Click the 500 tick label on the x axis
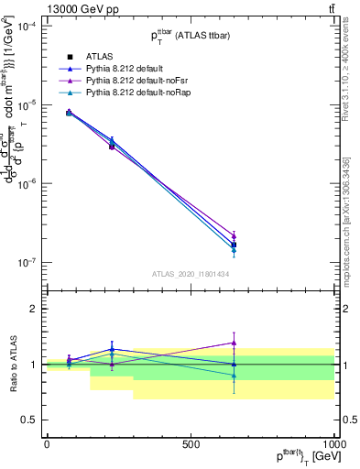point(191,444)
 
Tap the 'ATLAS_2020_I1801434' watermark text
point(190,274)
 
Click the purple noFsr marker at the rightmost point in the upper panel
point(234,236)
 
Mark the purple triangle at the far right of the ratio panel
point(234,343)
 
